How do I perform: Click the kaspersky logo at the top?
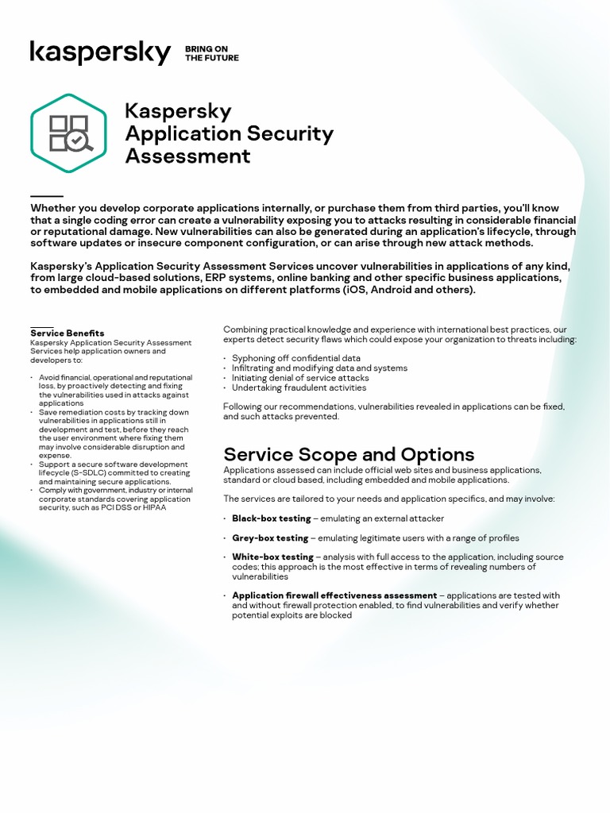100,53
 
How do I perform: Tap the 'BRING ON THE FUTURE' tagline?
211,53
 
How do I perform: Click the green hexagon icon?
68,133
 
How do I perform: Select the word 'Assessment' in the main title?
187,156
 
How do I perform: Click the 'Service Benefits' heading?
68,333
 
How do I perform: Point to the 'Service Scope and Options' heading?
349,454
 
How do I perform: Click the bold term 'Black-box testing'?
271,518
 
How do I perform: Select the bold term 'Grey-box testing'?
270,538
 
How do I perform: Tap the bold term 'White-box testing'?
272,557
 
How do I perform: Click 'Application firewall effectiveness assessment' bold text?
334,595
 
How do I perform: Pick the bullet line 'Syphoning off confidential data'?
295,358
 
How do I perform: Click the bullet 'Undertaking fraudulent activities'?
299,388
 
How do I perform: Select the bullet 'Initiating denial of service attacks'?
300,378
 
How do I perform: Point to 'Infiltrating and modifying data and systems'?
319,368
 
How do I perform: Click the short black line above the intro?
47,195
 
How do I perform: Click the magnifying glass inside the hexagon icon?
80,141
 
